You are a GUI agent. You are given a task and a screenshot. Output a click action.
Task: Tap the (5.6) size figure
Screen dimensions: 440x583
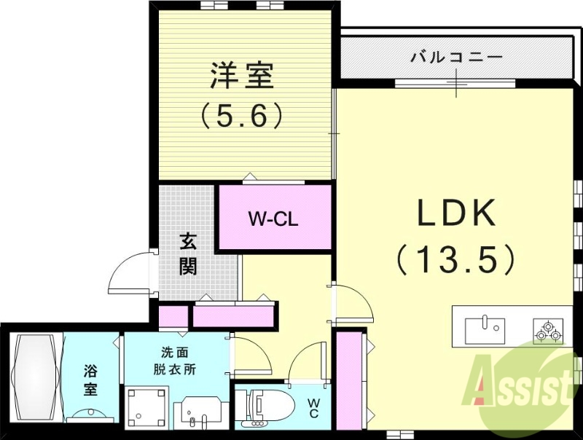point(241,115)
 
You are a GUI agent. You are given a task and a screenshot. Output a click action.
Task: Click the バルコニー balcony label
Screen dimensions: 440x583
point(456,57)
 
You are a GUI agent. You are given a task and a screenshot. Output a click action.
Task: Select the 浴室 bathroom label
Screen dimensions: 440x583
point(90,380)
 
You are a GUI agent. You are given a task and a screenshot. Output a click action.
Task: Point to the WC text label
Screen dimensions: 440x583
point(312,408)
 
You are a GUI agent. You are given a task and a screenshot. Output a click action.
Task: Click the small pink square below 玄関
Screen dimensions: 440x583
point(173,317)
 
